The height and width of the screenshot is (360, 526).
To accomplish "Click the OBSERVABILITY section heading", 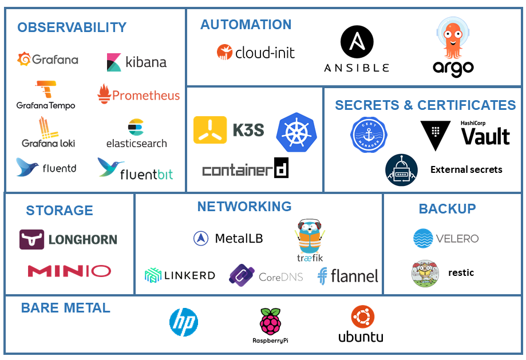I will pos(72,27).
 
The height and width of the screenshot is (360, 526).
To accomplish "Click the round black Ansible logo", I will pos(357,42).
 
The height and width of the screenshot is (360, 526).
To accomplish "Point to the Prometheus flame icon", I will pos(104,94).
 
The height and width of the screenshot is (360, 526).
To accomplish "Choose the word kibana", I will pos(145,62).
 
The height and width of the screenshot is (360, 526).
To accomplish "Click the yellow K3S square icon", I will pos(210,130).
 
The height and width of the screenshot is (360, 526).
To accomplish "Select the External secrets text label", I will pos(466,169).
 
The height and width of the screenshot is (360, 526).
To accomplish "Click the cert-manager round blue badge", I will pos(369,135).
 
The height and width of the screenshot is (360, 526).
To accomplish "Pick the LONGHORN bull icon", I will pos(31,239).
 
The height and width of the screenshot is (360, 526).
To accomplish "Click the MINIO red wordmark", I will pos(69,271).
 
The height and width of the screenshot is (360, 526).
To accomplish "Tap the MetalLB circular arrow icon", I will pos(201,239).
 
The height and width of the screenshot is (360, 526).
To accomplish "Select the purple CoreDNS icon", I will pos(241,275).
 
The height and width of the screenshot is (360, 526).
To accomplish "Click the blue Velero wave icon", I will pos(424,239).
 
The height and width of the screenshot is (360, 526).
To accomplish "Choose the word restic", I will pos(461,272).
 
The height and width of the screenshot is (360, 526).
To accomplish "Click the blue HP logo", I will pos(184,322).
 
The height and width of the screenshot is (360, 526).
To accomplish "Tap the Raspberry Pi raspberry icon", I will pos(270,322).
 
